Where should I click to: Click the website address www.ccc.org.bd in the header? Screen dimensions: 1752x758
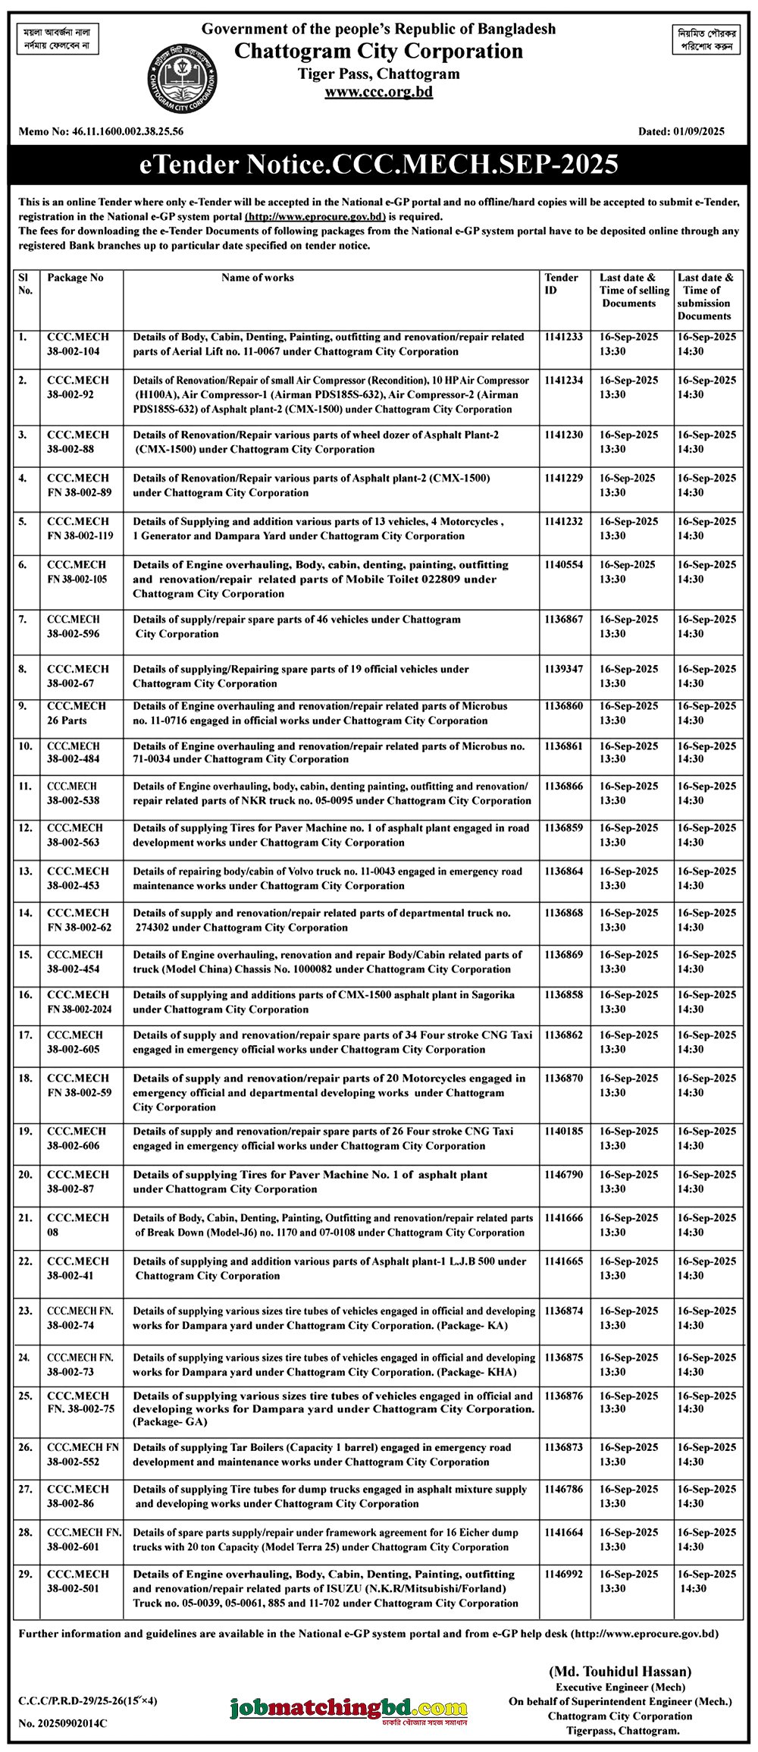click(x=378, y=92)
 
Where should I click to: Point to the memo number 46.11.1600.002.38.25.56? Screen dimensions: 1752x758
click(x=127, y=131)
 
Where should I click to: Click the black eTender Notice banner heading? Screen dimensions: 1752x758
click(x=379, y=165)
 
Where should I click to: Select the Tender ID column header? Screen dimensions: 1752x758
click(x=561, y=284)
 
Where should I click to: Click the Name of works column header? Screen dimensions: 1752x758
click(x=257, y=278)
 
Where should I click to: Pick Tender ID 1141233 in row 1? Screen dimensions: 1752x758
click(x=563, y=337)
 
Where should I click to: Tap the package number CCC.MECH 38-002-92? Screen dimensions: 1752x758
click(x=78, y=387)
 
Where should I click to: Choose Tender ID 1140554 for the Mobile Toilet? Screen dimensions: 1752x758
click(x=563, y=565)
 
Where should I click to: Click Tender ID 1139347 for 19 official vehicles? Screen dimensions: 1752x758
click(x=563, y=669)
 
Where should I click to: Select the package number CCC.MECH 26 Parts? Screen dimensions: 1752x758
click(x=77, y=713)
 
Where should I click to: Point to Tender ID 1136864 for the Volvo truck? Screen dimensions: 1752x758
click(x=563, y=871)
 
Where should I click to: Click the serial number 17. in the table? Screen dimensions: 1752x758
click(x=26, y=1035)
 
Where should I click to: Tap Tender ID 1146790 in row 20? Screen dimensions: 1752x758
click(x=563, y=1175)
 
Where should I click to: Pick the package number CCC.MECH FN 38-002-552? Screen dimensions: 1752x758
click(x=83, y=1454)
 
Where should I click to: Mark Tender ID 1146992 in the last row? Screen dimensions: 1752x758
click(x=563, y=1575)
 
